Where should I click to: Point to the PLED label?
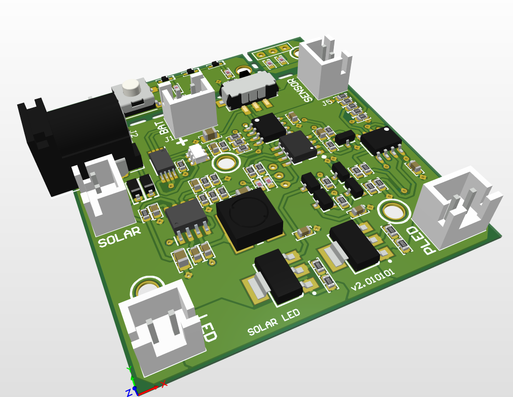[420, 239]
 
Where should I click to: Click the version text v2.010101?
[373, 280]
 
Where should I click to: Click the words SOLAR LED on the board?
[274, 323]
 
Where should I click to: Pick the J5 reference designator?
[328, 102]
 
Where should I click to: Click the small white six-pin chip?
[197, 154]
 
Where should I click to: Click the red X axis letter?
[164, 384]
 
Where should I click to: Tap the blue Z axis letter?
[128, 392]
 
